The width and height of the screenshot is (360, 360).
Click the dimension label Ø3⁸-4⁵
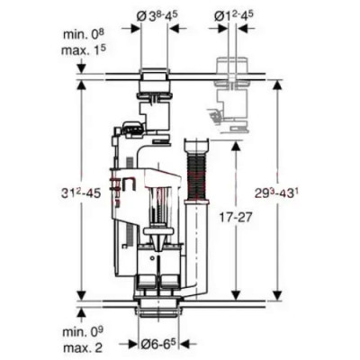point(156,15)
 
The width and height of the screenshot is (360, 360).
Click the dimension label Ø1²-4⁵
point(234,15)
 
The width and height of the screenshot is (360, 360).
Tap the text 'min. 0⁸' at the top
point(83,34)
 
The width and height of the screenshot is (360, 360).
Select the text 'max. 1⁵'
point(84,49)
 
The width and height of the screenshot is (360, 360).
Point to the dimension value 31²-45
point(80,193)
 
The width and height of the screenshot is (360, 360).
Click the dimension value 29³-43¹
point(277,193)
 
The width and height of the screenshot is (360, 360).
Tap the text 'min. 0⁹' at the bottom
point(83,332)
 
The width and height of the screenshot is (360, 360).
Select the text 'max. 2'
point(82,348)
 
